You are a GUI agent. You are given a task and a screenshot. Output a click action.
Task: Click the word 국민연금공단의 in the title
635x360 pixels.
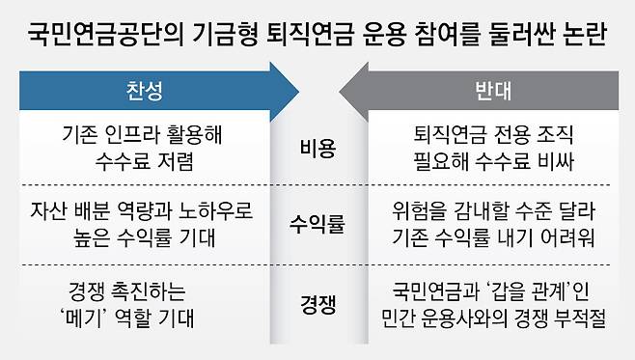coord(105,33)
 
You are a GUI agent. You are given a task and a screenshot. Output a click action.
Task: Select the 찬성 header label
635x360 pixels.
coord(145,91)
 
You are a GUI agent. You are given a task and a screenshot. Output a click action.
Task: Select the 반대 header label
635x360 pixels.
coord(493,91)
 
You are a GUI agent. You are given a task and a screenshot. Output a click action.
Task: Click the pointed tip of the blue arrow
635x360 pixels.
coord(299,92)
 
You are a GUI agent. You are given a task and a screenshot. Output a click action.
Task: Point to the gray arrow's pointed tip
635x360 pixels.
coord(340,92)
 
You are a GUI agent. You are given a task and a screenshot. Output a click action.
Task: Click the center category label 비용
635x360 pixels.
coord(317,148)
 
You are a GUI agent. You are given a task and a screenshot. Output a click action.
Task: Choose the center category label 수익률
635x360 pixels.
coord(317,224)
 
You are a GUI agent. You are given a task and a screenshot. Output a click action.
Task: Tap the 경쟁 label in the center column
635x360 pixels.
coord(317,304)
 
